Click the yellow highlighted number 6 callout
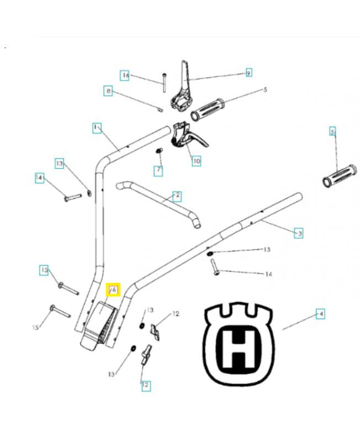(113, 290)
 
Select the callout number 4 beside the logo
(320, 314)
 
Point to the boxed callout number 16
(125, 75)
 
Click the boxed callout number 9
(248, 72)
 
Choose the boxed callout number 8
(108, 91)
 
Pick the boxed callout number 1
(96, 128)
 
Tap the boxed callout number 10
(196, 161)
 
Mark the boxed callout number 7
(158, 170)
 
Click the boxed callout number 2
(177, 196)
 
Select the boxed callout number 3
(298, 233)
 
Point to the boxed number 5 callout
(332, 131)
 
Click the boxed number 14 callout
(39, 178)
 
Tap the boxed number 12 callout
(146, 385)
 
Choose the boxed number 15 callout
(44, 270)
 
